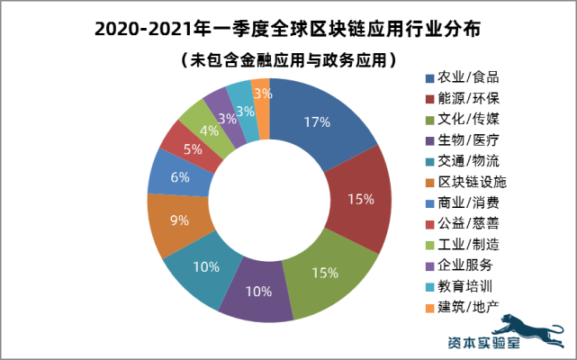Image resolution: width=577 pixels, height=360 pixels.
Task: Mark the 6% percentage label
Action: [179, 177]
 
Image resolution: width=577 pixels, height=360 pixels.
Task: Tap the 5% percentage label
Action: [192, 149]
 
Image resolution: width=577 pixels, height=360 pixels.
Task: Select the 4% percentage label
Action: [209, 130]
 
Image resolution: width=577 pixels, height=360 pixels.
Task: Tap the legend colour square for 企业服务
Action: [429, 265]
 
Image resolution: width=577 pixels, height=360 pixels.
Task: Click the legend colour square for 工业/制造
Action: [429, 245]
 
